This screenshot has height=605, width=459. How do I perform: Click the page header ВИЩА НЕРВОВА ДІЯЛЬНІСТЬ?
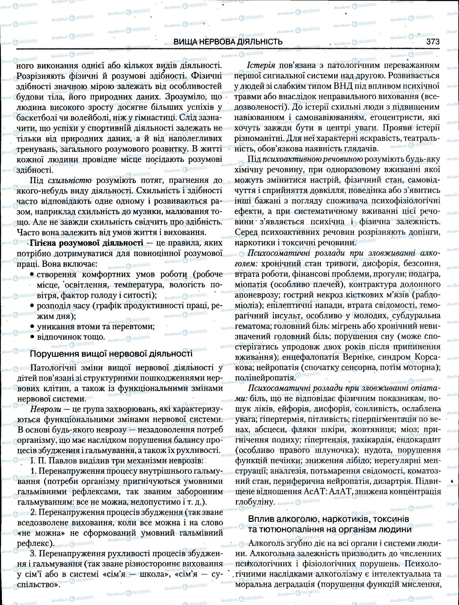(x=228, y=42)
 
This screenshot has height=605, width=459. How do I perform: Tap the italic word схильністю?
(x=69, y=181)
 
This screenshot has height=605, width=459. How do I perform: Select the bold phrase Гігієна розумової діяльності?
(x=86, y=243)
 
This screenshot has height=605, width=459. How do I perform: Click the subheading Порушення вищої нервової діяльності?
(x=112, y=354)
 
